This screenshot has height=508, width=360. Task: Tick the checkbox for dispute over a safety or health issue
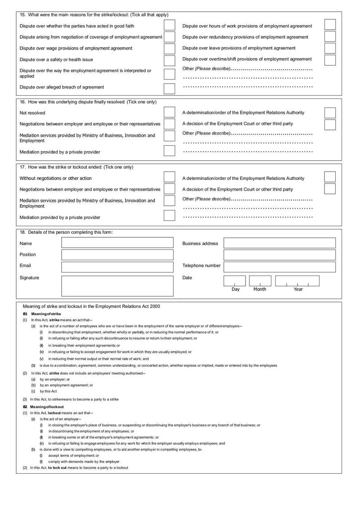[169, 60]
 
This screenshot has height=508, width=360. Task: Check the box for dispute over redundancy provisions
[330, 37]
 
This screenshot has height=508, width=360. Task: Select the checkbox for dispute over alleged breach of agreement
[169, 88]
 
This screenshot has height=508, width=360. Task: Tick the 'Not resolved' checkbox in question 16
[169, 112]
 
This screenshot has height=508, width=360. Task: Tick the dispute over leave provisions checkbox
[330, 49]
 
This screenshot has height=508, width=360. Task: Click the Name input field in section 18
[117, 243]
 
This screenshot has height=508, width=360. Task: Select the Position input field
[117, 255]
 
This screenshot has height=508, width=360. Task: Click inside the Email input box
[117, 267]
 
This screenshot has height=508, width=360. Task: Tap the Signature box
[117, 285]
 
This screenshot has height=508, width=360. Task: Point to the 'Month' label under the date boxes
[260, 290]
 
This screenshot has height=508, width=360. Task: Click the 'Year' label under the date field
[298, 290]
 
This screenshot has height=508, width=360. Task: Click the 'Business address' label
[200, 243]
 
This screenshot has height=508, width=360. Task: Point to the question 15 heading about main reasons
[94, 15]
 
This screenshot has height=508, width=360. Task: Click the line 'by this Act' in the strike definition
[48, 391]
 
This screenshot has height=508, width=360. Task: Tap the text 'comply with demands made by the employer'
[84, 462]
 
